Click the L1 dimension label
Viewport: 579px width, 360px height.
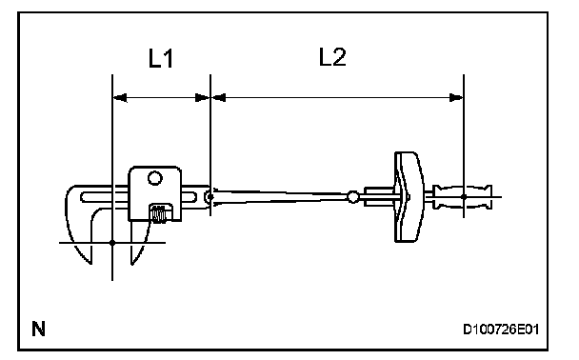click(161, 58)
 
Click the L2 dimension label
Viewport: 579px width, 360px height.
click(332, 57)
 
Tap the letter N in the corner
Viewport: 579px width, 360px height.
click(38, 329)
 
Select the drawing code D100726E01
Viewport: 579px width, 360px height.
click(501, 329)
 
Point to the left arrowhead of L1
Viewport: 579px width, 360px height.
click(120, 98)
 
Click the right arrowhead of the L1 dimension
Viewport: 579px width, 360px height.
click(202, 98)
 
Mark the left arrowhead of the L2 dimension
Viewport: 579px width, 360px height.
click(218, 98)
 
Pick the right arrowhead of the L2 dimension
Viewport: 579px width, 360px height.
click(456, 98)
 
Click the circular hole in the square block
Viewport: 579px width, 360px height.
click(154, 178)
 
